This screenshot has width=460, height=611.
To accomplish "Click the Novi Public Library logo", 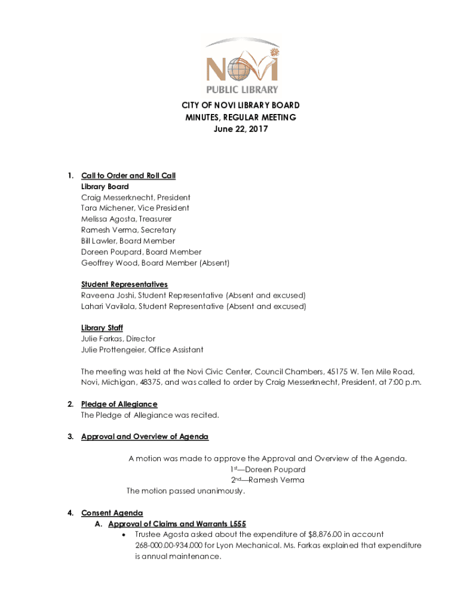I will click(x=242, y=66).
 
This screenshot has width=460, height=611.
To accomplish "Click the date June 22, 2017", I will click(x=241, y=128).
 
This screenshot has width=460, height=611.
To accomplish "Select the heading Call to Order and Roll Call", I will click(x=128, y=175).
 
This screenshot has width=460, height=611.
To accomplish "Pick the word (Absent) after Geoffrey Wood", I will click(x=214, y=263).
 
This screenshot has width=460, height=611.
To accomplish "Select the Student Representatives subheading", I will click(x=124, y=284).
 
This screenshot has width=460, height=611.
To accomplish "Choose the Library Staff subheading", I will click(x=102, y=328).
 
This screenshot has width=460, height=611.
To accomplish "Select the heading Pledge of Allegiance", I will click(x=119, y=404).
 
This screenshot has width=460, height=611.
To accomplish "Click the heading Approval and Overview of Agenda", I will click(x=145, y=437).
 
